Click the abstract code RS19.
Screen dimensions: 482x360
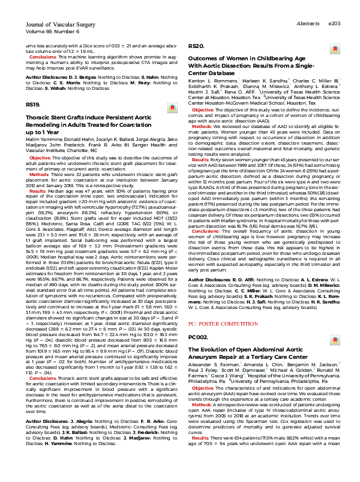(x=33, y=105)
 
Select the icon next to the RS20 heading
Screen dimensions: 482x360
(x=334, y=49)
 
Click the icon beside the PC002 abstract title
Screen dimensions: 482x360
(x=334, y=338)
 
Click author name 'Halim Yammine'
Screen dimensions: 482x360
(x=40, y=140)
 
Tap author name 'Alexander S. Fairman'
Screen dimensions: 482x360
(x=207, y=367)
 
